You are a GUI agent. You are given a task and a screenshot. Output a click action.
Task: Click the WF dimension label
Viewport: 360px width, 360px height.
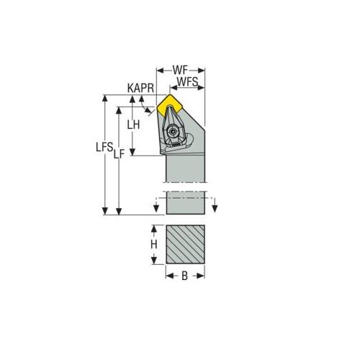click(181, 70)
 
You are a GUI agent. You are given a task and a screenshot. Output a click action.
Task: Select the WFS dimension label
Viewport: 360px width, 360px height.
click(188, 84)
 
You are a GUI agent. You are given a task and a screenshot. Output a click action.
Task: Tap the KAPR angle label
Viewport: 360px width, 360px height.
click(140, 88)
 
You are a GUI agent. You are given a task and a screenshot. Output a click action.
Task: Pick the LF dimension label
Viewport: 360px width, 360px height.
click(119, 153)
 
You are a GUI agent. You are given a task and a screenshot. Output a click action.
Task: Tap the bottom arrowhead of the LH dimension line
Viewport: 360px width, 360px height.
click(132, 152)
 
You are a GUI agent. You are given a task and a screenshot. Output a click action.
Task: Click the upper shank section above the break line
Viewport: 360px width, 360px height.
click(186, 169)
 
